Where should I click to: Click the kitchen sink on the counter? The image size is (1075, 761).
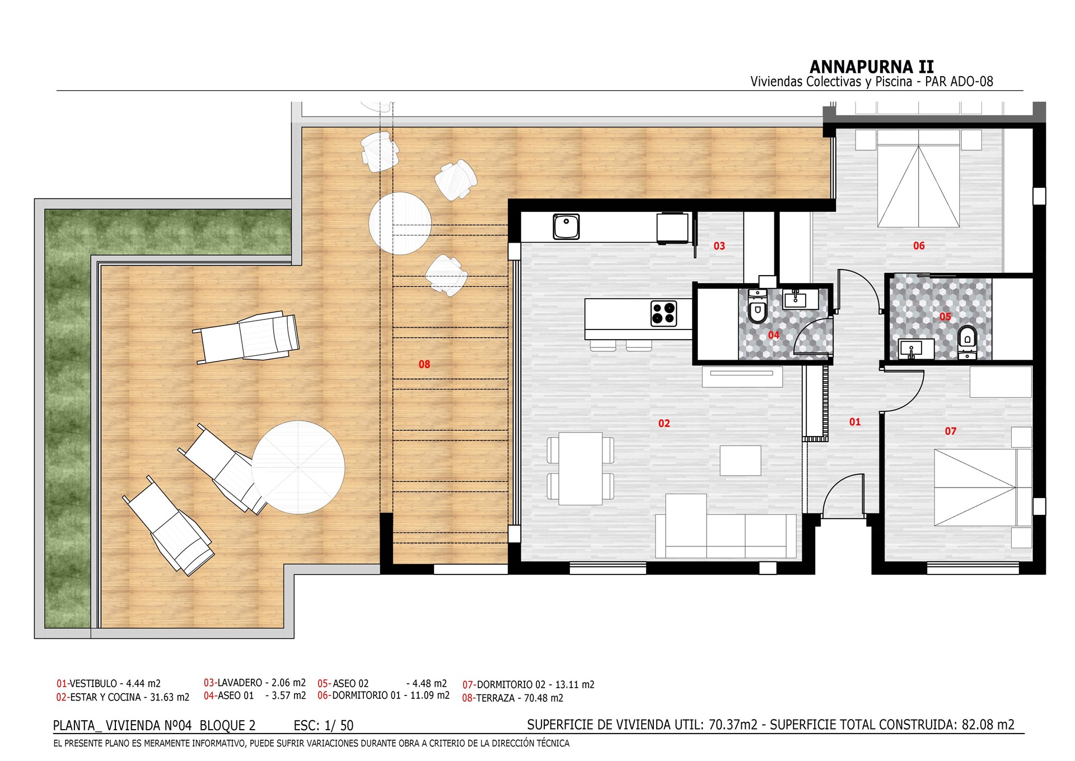coord(566,226)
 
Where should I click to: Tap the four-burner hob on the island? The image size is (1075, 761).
coord(663,313)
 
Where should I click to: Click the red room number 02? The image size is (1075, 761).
coord(664,424)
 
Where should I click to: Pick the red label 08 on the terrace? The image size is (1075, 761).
coord(424,365)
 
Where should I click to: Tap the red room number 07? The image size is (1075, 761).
coord(951,431)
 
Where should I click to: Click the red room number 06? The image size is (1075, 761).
coord(919,246)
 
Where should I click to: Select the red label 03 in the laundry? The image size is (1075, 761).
coord(719,246)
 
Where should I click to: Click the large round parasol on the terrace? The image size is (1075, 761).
coord(298,467)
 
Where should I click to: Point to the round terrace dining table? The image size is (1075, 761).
coord(400,223)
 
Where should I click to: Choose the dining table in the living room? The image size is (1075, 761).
coord(581,468)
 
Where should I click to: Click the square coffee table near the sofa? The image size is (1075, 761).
coord(740,460)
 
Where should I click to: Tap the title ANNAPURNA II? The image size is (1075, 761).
coord(872,67)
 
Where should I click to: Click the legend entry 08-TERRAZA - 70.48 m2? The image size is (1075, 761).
coord(512,698)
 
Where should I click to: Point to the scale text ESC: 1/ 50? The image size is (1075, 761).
coord(324,726)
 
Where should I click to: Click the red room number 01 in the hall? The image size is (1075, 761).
coord(855,422)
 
